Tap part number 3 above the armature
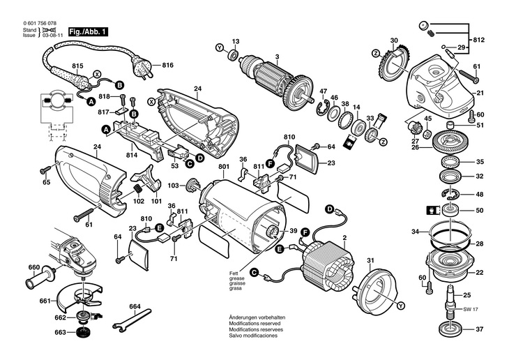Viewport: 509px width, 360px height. click(277, 57)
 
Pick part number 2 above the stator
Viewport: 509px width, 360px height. click(344, 239)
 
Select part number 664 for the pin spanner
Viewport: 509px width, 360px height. click(135, 306)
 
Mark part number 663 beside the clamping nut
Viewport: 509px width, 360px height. click(62, 332)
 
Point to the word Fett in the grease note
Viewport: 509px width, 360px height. click(234, 272)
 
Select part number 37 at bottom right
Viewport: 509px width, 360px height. click(480, 329)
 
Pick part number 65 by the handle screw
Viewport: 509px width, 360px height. click(47, 182)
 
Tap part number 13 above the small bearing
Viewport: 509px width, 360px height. click(236, 41)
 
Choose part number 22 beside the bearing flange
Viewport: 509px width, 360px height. click(480, 273)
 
